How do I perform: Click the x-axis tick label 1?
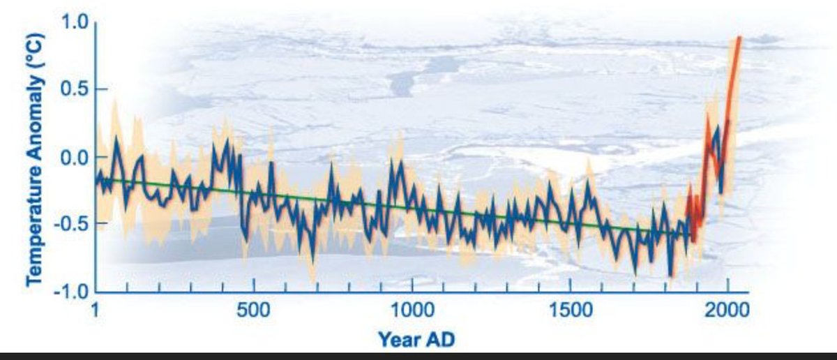96,309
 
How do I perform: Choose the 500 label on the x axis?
254,309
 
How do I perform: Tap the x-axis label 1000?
412,309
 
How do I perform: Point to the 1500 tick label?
571,309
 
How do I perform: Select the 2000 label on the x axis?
729,309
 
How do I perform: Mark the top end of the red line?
739,38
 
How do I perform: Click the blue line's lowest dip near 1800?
670,276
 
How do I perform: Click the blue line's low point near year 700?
313,259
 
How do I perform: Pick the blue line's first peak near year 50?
116,137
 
